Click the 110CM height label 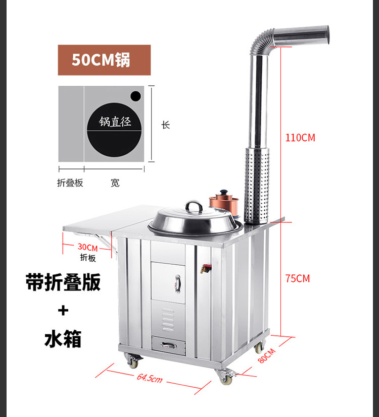coord(301,138)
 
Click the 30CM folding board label coord(88,248)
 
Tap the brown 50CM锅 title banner coord(104,60)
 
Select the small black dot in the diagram coord(135,95)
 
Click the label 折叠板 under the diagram coord(70,183)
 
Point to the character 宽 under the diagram coord(115,183)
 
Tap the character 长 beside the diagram coord(166,125)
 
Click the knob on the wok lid coord(194,205)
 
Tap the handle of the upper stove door coord(177,283)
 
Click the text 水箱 coord(63,339)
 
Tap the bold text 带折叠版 coord(63,282)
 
